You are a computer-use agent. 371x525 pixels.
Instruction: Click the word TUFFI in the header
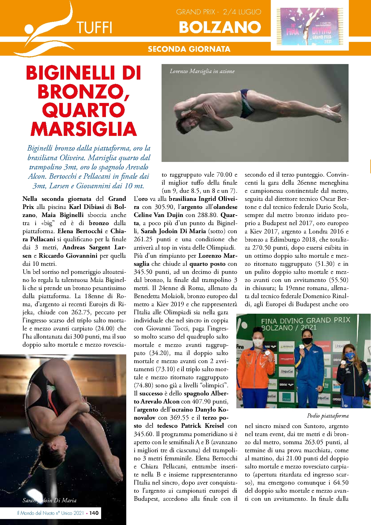pos(94,28)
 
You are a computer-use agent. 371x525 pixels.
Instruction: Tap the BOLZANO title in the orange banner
pos(220,27)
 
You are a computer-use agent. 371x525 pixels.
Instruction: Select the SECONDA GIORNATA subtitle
pos(189,49)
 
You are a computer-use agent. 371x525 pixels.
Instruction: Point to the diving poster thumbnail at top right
pos(310,26)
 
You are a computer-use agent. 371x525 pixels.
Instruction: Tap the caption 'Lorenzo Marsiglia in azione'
pos(202,71)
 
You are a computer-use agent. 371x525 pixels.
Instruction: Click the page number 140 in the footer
pos(94,513)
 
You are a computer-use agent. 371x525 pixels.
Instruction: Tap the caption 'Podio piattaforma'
pos(328,416)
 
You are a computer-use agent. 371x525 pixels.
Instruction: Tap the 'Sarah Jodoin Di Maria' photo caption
pos(49,500)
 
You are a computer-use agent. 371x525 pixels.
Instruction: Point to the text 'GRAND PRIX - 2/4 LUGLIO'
pos(218,12)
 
